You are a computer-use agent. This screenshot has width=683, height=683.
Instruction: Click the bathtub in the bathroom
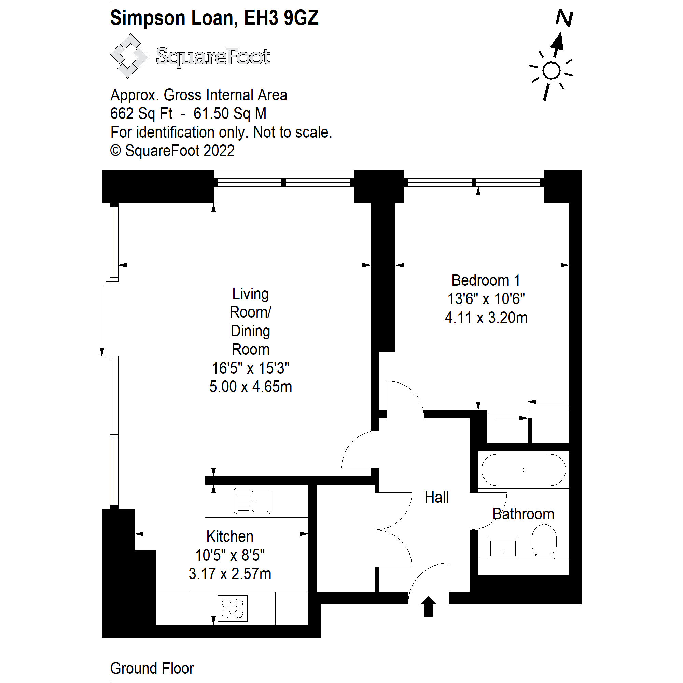523,470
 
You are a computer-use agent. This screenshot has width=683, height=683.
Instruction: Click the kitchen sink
252,501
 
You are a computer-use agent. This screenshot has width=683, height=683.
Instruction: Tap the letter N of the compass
564,18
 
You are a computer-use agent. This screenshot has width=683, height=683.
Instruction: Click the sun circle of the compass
551,71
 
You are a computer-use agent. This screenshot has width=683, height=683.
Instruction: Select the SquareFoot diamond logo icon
129,56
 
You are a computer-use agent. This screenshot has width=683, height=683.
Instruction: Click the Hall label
436,498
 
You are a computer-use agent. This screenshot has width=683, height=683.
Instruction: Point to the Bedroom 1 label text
486,280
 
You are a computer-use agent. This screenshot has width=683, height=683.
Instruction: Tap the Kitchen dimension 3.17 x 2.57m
230,573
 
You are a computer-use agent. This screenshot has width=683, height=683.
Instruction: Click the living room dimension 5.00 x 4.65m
251,386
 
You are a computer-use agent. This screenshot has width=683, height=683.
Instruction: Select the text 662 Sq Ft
141,113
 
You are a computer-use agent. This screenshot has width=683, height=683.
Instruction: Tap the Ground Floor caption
152,668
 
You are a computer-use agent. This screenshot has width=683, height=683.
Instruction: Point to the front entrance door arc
422,574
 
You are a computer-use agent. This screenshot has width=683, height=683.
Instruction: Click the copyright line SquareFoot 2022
172,151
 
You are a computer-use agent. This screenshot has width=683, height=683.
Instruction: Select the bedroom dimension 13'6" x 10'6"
486,299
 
